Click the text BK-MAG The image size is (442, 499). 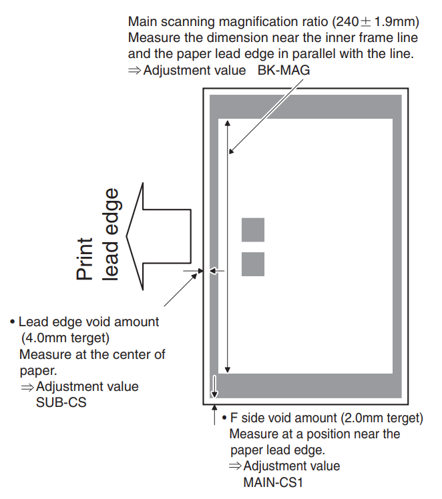pos(283,69)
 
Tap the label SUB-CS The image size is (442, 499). pos(61,402)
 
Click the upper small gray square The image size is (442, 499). pos(253,229)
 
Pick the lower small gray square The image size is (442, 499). pos(253,264)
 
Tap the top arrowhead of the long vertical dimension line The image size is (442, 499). pos(228,123)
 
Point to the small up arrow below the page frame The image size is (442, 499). pos(214,409)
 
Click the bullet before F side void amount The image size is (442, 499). pos(224,419)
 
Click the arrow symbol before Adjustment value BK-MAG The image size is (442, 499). pos(134,70)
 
